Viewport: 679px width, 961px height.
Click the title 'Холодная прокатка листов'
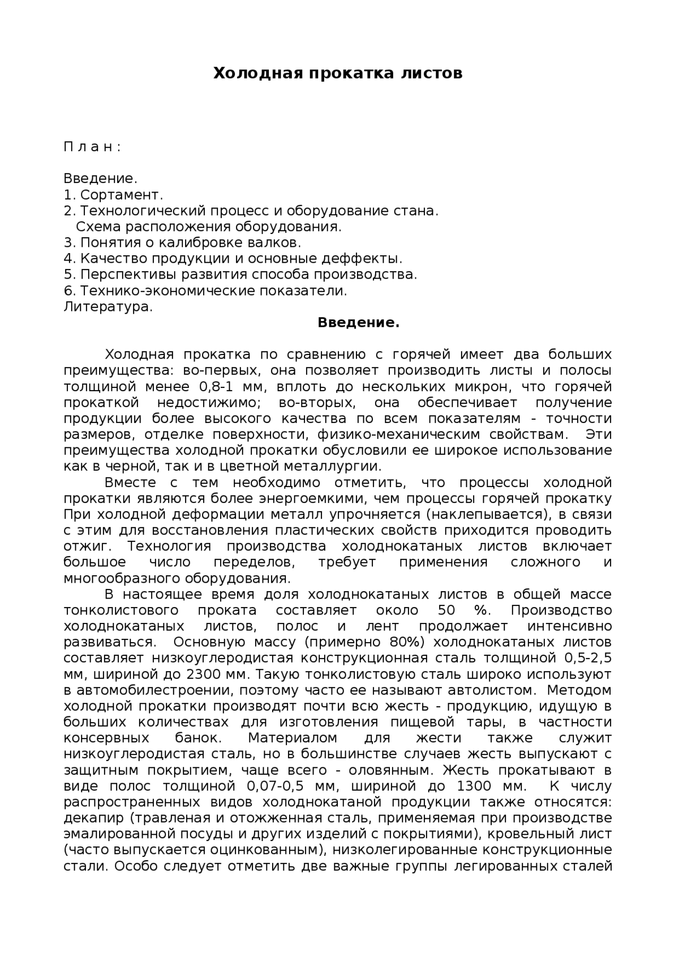point(338,73)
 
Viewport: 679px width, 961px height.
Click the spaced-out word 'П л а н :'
point(92,147)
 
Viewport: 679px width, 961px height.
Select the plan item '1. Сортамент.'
point(113,195)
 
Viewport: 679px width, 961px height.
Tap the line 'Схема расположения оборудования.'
point(208,227)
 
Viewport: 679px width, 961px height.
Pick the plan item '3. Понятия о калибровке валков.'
point(182,243)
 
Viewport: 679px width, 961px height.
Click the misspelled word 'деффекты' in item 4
point(368,258)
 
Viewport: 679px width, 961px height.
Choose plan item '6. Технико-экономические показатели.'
point(205,291)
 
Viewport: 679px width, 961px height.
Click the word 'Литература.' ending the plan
point(108,307)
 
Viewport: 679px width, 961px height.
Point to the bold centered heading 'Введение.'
point(358,323)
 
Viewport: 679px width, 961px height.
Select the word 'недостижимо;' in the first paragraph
point(208,402)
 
